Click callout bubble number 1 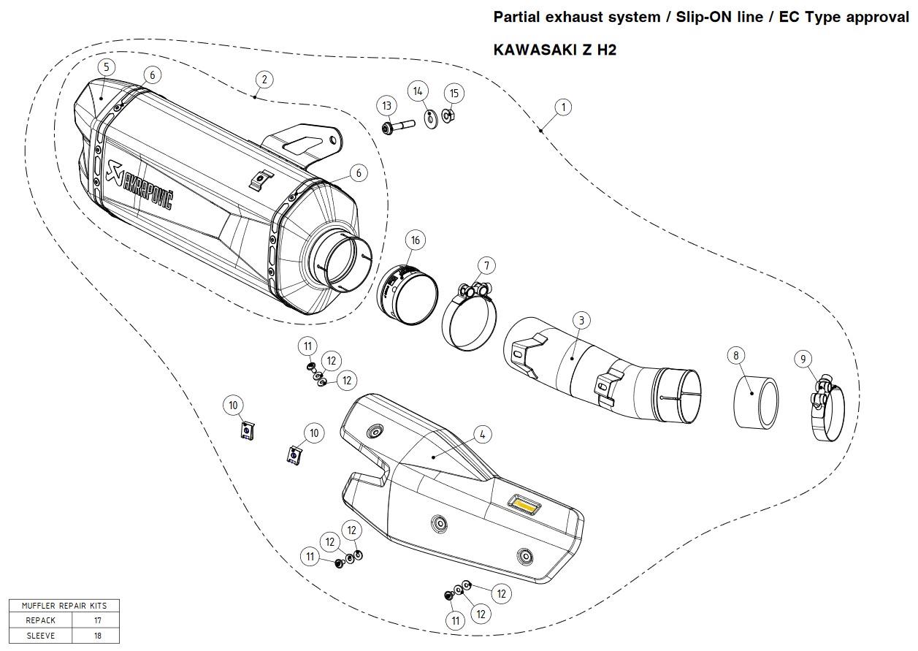(x=563, y=107)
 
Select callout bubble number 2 (x=264, y=79)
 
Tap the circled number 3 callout (x=581, y=320)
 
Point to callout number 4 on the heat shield (x=482, y=434)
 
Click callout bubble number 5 (x=106, y=67)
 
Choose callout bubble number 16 (x=415, y=240)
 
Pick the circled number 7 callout (x=486, y=264)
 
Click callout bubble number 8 (x=736, y=356)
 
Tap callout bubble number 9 (x=803, y=359)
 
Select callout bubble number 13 (x=387, y=106)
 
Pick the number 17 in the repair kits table (x=98, y=620)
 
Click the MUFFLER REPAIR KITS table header (x=64, y=606)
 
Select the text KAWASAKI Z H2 (x=555, y=50)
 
